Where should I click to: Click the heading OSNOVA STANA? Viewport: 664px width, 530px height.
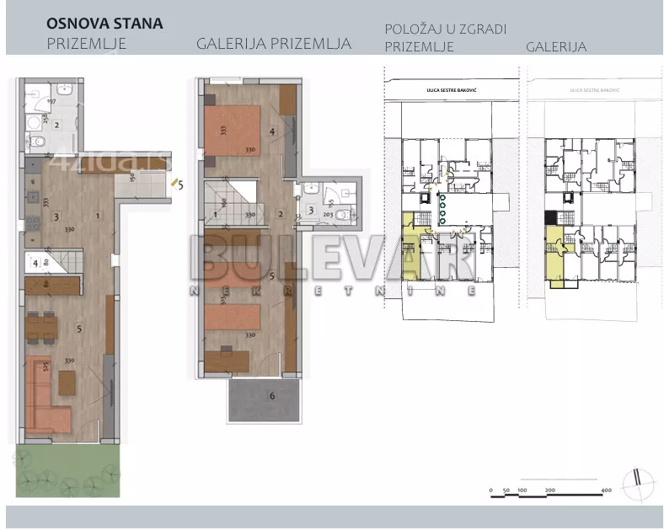[x=104, y=23]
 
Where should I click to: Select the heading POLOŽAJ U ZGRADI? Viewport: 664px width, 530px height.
[x=445, y=29]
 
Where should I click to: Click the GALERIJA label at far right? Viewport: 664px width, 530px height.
[x=556, y=47]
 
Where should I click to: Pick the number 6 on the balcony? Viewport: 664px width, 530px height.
[x=271, y=395]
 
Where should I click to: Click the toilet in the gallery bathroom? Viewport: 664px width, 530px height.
[x=342, y=215]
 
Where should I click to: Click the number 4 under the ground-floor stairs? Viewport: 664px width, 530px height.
[x=35, y=263]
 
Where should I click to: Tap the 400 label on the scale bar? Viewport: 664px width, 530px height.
[x=605, y=490]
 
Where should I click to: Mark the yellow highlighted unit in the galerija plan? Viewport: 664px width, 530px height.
[x=557, y=262]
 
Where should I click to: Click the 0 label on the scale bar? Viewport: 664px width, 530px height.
[x=490, y=490]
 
